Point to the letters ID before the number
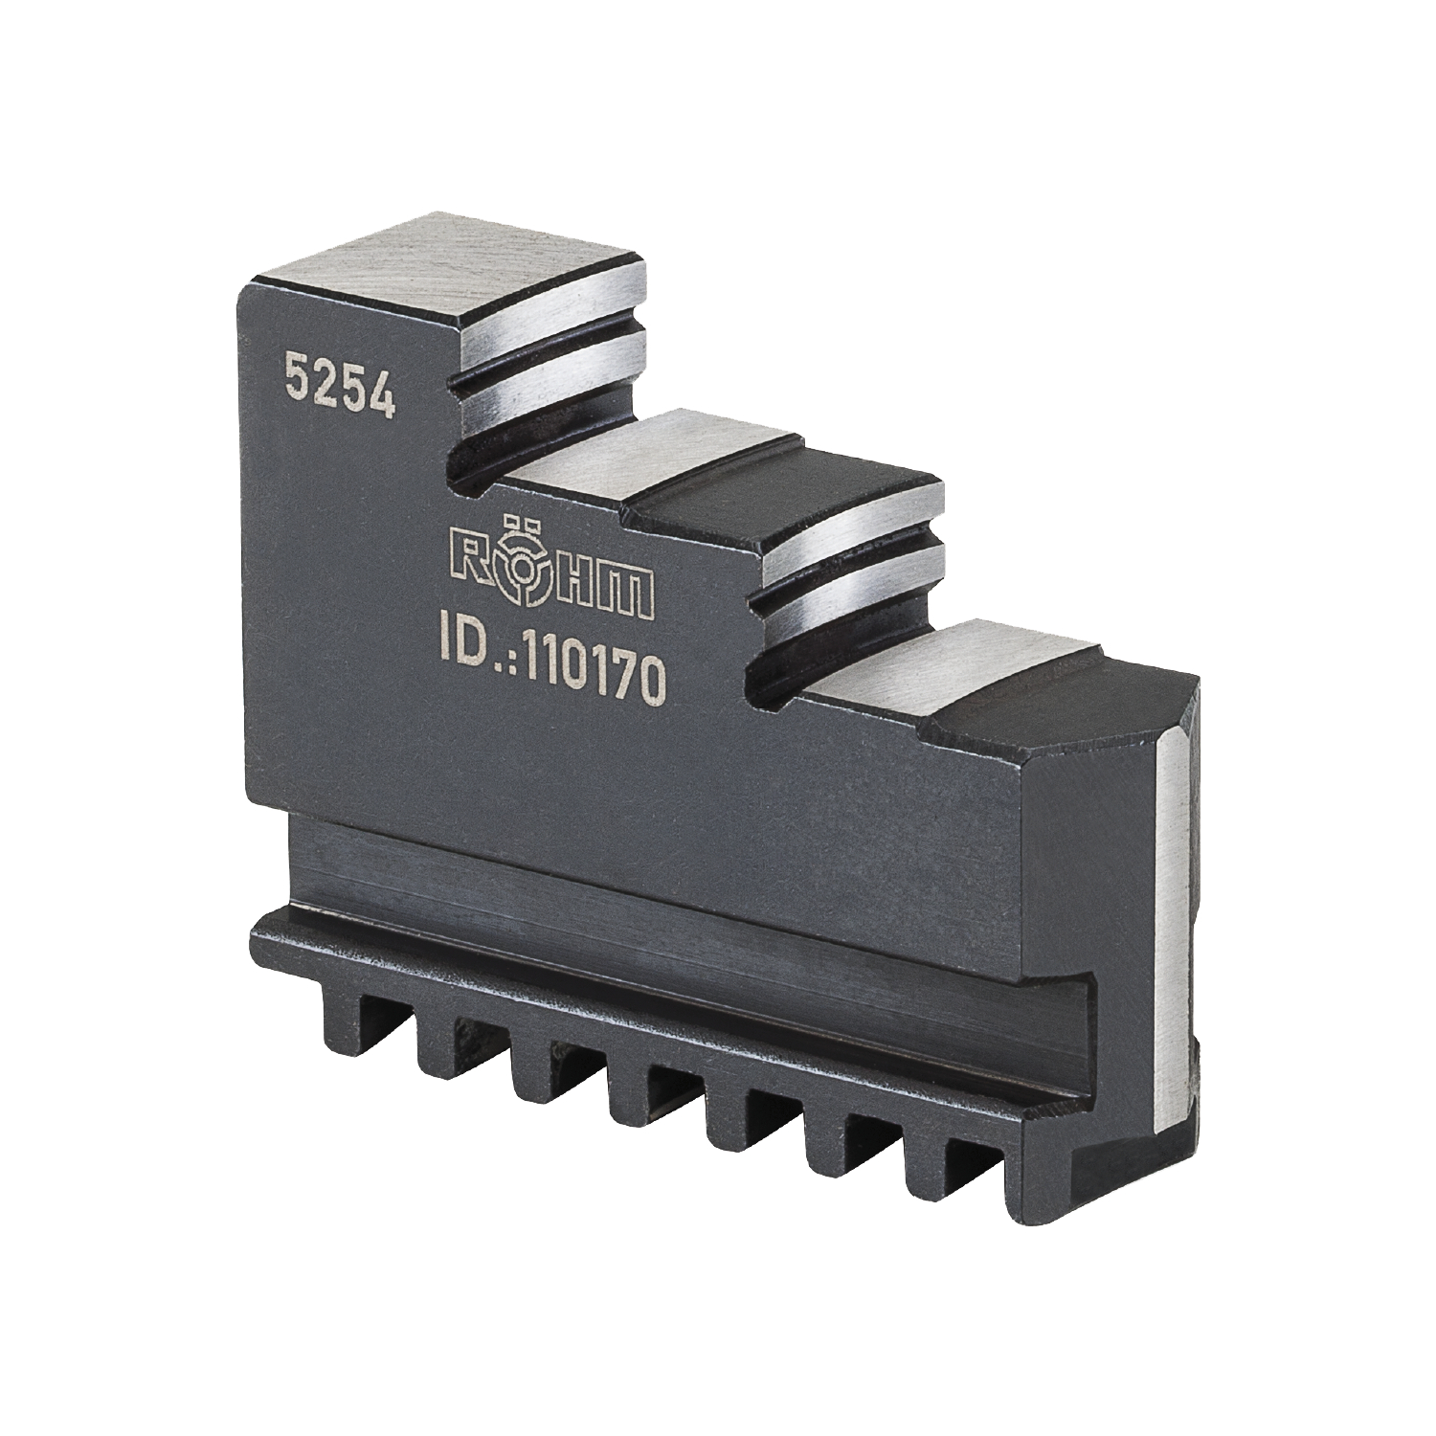pos(459,655)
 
